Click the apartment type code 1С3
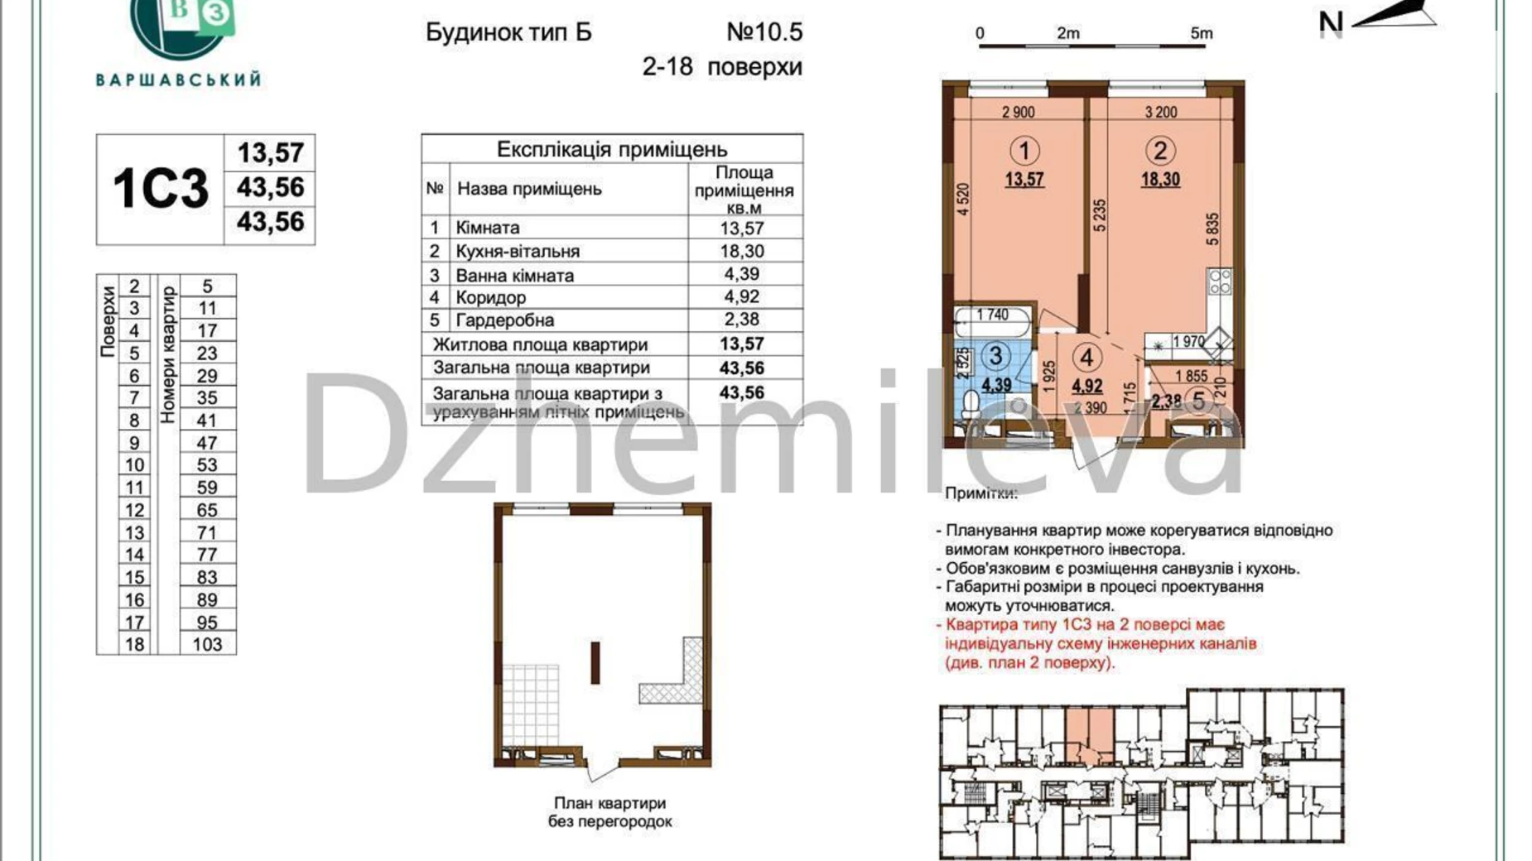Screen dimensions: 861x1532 click(x=160, y=189)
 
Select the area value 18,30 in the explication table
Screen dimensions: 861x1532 click(x=743, y=251)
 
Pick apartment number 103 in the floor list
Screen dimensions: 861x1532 click(x=207, y=644)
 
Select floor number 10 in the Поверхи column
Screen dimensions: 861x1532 click(x=134, y=465)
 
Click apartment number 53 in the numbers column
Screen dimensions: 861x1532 click(x=207, y=465)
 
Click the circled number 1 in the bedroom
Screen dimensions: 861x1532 click(x=1024, y=151)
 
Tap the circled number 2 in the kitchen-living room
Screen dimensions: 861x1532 click(x=1159, y=151)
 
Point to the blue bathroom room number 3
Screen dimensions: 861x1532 click(x=995, y=356)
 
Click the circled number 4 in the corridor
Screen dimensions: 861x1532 click(x=1086, y=358)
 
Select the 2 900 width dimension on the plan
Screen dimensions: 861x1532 click(x=1018, y=112)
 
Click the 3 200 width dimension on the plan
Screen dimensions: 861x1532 click(x=1160, y=112)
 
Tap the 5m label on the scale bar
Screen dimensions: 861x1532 click(x=1201, y=33)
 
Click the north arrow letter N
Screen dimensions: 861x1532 click(x=1330, y=22)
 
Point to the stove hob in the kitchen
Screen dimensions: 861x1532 click(x=1220, y=281)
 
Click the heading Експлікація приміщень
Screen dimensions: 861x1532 click(x=611, y=150)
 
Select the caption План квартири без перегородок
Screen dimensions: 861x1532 click(x=609, y=812)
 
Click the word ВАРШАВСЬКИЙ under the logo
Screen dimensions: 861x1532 click(x=178, y=80)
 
